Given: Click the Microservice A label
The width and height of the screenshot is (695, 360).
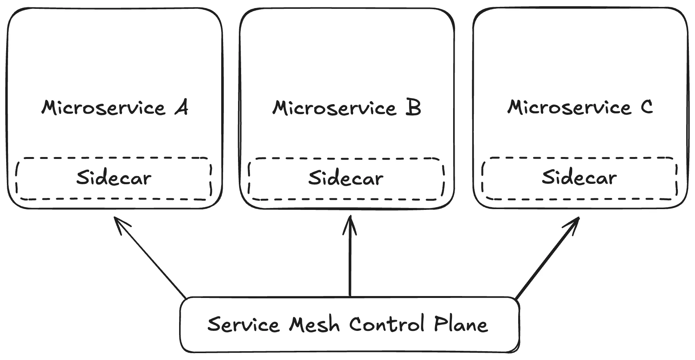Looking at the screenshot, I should click(114, 108).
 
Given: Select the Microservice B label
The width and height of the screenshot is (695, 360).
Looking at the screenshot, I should click(346, 108).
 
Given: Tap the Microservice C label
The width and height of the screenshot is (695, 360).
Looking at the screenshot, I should click(579, 107).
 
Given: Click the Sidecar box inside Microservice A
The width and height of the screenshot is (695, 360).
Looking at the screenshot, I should click(114, 178).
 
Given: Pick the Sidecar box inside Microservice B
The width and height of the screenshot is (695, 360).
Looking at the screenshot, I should click(346, 179).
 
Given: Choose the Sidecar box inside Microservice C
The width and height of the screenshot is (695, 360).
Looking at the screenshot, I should click(579, 178).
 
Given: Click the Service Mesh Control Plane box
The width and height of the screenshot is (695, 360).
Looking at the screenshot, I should click(349, 325).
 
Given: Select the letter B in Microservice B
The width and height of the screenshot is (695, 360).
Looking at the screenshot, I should click(413, 108).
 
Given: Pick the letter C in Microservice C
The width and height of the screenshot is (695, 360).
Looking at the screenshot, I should click(646, 107).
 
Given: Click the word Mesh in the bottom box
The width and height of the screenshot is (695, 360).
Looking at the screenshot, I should click(314, 325).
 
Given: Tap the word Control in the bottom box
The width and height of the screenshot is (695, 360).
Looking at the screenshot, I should click(387, 324).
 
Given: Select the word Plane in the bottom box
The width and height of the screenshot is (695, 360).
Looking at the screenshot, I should click(461, 325).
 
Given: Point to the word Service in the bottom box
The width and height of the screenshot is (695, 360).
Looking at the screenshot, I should click(243, 325).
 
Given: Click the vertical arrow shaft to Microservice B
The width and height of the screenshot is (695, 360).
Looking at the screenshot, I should click(350, 264).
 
